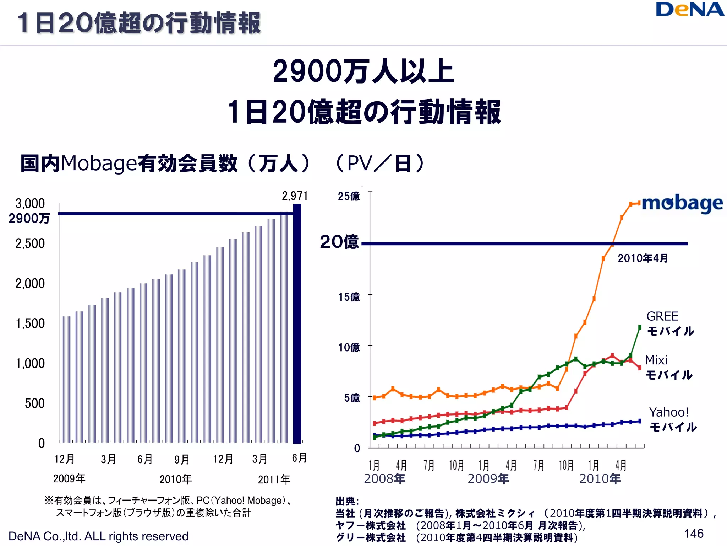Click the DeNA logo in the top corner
point(689,10)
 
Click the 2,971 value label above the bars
point(295,196)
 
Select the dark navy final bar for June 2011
point(297,323)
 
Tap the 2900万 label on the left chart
point(29,218)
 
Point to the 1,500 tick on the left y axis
point(30,323)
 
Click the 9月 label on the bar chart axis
point(182,459)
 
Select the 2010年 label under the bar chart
point(175,479)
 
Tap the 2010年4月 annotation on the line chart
point(643,258)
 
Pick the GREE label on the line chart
point(662,316)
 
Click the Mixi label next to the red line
point(656,360)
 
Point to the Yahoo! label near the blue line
point(669,412)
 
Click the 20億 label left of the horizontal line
point(339,242)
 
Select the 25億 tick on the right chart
point(349,196)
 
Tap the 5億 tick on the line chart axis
point(352,398)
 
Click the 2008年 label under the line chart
point(384,479)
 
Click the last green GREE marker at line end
point(640,327)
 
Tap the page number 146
point(694,534)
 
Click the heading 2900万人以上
point(363,71)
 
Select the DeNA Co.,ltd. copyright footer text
point(98,536)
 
